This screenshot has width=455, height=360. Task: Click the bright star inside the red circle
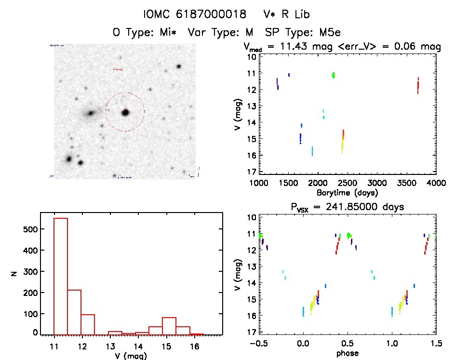(125, 112)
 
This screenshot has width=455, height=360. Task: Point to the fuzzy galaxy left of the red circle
(90, 114)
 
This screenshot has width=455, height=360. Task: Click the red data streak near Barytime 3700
(418, 85)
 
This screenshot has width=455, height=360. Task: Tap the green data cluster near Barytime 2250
(333, 75)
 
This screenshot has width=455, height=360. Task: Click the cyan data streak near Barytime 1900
(312, 151)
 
